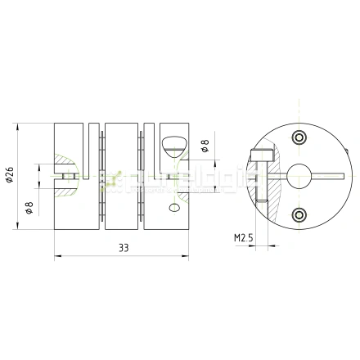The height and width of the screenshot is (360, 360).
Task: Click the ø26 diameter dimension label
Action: tap(10, 176)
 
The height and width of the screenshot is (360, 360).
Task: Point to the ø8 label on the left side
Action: tap(29, 208)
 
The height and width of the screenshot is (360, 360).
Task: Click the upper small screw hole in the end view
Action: tap(299, 135)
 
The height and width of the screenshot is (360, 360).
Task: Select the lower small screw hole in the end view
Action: tap(298, 214)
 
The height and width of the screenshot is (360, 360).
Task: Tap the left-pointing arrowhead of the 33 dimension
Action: tap(57, 256)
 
